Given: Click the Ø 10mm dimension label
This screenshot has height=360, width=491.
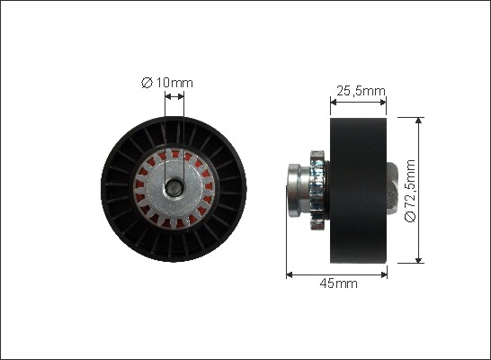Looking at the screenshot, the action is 167,83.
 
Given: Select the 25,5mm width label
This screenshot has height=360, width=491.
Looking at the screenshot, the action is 361,91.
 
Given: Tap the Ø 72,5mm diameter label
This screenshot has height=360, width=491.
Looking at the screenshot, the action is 410,191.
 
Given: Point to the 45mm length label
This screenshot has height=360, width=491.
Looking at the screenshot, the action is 338,283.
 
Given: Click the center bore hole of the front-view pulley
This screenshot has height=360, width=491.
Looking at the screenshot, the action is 174,188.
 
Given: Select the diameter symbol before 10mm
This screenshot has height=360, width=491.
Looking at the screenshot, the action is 147,83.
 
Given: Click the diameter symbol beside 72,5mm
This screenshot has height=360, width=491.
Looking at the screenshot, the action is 410,217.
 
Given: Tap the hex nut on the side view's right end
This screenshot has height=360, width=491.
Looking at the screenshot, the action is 392,188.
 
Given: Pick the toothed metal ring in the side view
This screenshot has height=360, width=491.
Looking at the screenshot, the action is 317,190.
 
